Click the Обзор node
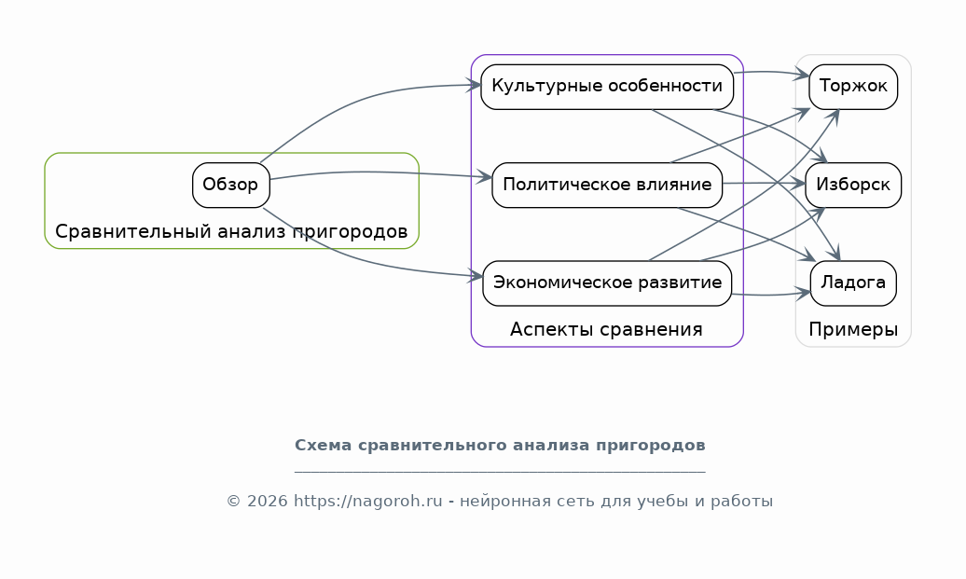[x=231, y=185]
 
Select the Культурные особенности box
[x=607, y=87]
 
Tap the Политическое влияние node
[x=607, y=185]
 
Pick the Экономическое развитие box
[x=607, y=283]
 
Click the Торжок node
[x=853, y=87]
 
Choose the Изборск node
[x=853, y=185]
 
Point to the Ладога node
[x=853, y=283]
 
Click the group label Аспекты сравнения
[x=606, y=329]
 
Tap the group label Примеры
[x=853, y=329]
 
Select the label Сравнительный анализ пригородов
[x=231, y=231]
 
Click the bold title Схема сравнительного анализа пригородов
[x=500, y=446]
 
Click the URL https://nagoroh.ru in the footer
[x=367, y=502]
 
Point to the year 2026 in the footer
[x=268, y=502]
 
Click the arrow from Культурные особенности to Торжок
[x=771, y=72]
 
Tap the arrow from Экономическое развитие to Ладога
[x=771, y=295]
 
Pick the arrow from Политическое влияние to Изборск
[x=764, y=183]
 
